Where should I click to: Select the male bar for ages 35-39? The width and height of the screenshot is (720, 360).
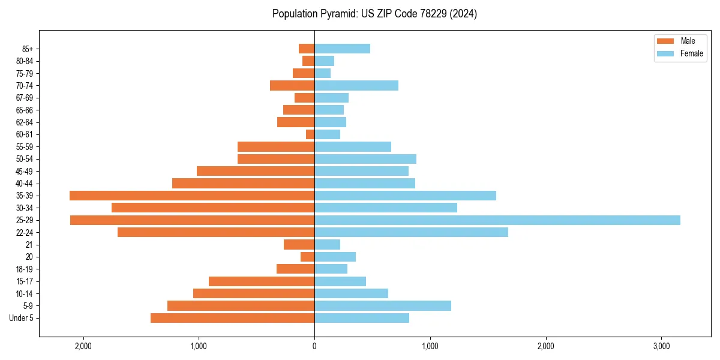[x=192, y=196]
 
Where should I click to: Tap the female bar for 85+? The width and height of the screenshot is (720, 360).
[x=342, y=49]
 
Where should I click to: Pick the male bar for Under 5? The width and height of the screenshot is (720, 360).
[x=232, y=318]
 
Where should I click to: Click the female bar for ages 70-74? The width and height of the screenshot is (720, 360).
[x=356, y=85]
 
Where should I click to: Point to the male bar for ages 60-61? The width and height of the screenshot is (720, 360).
[x=310, y=134]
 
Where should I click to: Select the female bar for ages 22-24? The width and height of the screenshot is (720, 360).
[x=411, y=232]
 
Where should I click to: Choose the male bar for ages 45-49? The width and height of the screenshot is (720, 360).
[x=256, y=171]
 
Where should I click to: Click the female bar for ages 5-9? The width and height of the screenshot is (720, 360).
[x=383, y=306]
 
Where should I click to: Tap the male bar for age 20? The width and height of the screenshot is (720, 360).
[x=307, y=257]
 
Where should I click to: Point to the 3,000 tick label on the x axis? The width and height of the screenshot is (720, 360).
[x=661, y=346]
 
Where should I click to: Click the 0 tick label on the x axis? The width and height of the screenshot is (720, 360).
[x=314, y=346]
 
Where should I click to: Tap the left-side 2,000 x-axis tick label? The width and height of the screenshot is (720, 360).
[x=83, y=346]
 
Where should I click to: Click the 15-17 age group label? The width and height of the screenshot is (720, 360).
[x=25, y=281]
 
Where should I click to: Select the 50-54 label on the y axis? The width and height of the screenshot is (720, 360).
[x=25, y=159]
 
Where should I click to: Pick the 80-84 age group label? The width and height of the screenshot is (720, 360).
[x=25, y=61]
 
